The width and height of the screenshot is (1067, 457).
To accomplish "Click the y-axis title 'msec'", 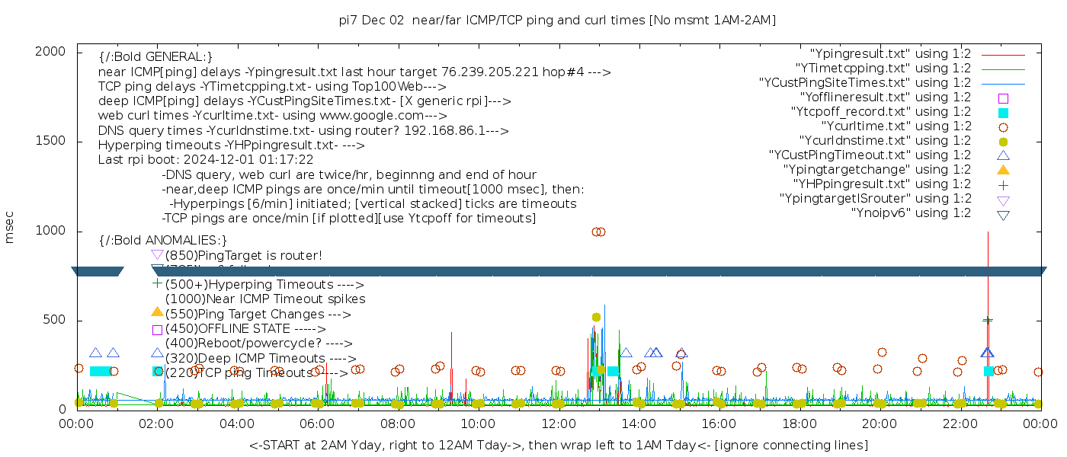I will [10, 227].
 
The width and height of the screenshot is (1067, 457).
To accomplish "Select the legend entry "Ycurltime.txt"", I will [896, 126].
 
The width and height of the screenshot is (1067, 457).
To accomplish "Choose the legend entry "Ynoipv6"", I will [911, 213].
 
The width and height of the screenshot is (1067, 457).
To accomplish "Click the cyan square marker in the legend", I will [1003, 113].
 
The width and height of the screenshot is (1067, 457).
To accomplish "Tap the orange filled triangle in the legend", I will [1003, 170].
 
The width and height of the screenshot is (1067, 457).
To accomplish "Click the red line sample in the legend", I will [1003, 55].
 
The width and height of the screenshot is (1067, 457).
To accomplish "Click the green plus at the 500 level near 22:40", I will [988, 321].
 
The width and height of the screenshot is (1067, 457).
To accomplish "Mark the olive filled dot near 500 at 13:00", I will [596, 317].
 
